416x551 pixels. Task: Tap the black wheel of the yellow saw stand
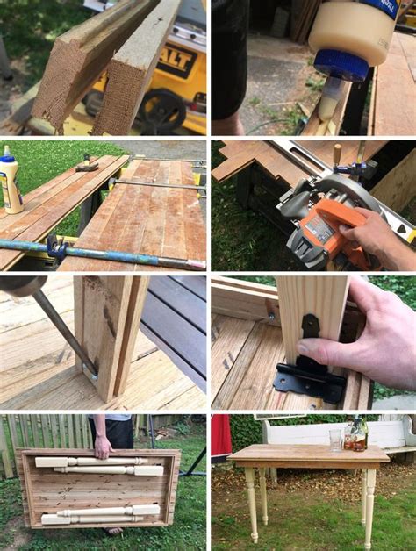click(163, 110)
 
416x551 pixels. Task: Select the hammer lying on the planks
click(87, 163)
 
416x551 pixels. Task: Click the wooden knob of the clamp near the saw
click(336, 154)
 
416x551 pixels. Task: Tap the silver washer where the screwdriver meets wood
click(94, 376)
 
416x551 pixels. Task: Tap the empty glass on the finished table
click(334, 440)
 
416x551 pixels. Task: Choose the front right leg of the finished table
click(369, 504)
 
